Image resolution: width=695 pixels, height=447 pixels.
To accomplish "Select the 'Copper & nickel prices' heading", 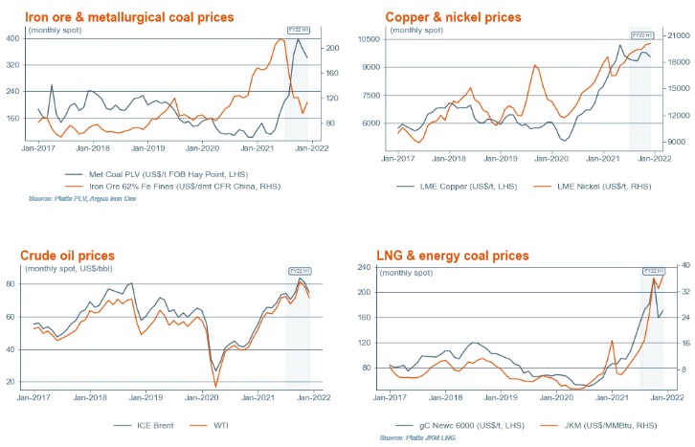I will point(453,17).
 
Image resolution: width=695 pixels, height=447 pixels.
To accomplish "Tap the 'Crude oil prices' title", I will point(68,256).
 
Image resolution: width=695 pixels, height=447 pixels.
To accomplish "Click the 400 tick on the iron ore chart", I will point(12,38).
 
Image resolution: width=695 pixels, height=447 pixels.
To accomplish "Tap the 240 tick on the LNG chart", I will point(368,267).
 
